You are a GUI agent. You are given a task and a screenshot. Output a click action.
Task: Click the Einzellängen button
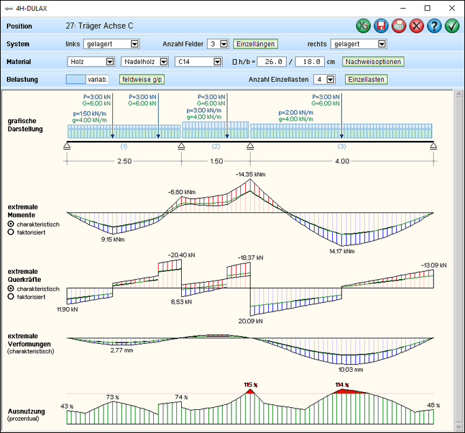(x=256, y=44)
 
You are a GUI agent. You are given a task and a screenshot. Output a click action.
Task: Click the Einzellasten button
(x=366, y=79)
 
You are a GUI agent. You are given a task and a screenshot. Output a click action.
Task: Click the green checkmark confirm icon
(x=452, y=26)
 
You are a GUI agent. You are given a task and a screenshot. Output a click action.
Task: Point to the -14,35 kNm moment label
(x=250, y=175)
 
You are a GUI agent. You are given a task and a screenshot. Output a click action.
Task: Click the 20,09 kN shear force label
(x=250, y=321)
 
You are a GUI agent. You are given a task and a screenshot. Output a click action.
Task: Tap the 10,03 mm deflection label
(x=351, y=370)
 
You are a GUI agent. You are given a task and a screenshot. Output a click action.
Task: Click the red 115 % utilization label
(x=252, y=385)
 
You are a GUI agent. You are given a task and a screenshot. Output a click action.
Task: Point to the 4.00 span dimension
(x=342, y=161)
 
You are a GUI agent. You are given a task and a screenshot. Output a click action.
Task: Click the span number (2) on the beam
(x=216, y=146)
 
